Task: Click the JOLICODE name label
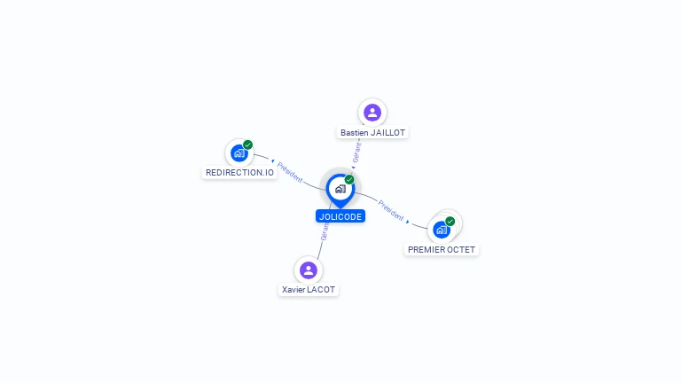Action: coord(340,216)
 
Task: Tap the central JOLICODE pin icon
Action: coord(340,188)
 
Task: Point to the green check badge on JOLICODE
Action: coord(349,179)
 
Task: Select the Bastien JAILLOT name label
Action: coord(372,133)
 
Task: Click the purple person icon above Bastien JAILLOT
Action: coord(372,113)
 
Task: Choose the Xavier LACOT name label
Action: coord(309,290)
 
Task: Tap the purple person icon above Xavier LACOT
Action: coord(308,270)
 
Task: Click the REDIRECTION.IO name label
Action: coord(239,173)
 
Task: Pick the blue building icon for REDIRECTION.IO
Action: coord(239,153)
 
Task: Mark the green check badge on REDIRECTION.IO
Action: coord(247,145)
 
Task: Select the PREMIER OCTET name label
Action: coord(442,250)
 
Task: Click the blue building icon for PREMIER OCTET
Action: coord(441,230)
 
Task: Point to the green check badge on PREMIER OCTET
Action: coord(450,221)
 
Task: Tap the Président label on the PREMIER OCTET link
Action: coord(391,210)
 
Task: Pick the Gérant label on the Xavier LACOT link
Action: coord(325,231)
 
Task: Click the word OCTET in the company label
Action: coord(459,250)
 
